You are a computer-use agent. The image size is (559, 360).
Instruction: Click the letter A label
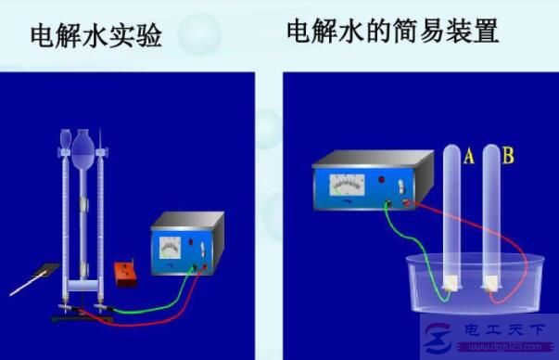469,158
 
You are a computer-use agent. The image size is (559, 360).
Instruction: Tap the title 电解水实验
96,37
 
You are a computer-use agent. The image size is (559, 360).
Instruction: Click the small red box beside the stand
121,274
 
